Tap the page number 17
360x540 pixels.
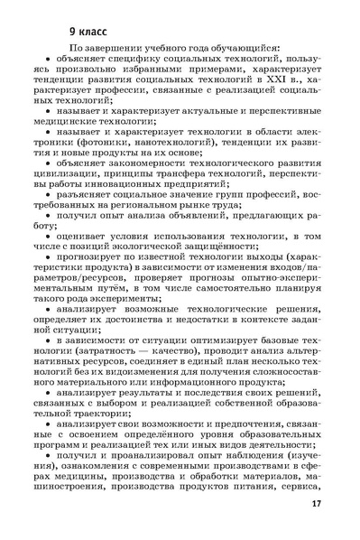315,504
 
